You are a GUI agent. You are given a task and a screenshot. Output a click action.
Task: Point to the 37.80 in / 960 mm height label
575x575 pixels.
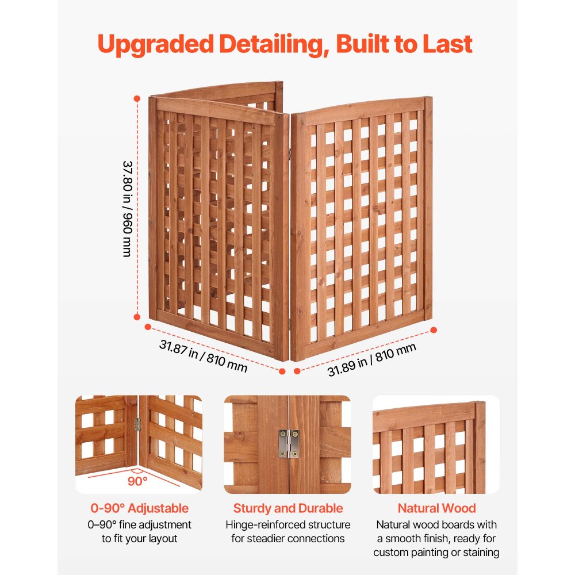click(x=127, y=208)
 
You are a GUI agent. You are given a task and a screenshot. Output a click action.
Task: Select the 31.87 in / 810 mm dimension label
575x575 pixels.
click(x=203, y=355)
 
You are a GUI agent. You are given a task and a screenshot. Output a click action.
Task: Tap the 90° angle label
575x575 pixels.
click(x=137, y=481)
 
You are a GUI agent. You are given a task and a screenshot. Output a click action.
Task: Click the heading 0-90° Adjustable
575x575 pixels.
click(x=139, y=508)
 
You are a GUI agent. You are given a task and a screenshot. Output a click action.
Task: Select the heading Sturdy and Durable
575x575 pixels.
click(x=287, y=508)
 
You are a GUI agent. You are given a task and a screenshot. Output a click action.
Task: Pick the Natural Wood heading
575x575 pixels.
click(x=436, y=508)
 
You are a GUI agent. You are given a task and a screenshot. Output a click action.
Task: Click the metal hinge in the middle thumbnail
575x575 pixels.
click(x=288, y=443)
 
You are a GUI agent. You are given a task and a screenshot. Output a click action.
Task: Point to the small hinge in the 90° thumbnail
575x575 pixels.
click(x=137, y=424)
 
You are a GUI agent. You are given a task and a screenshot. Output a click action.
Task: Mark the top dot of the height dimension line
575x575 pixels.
click(x=137, y=98)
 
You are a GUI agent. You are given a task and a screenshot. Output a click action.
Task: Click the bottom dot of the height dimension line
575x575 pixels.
click(x=137, y=316)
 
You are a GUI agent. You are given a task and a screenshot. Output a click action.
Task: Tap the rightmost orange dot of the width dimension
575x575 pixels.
click(x=434, y=329)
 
